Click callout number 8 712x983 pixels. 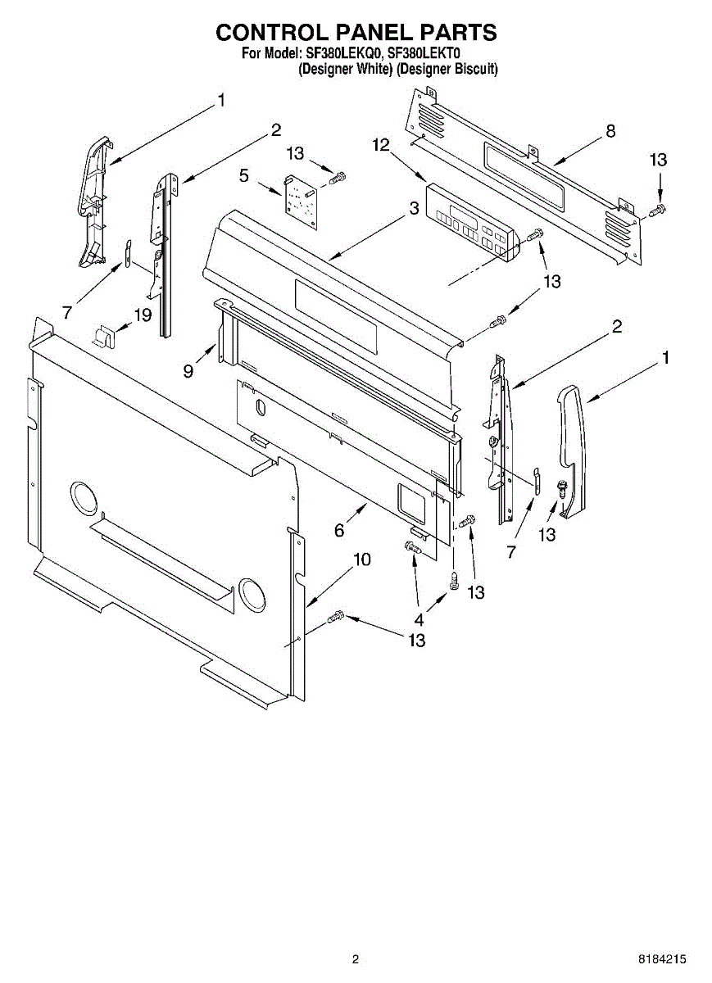610,131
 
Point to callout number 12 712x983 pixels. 380,145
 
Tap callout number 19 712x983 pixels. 143,314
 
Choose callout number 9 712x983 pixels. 188,371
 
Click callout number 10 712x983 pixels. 361,560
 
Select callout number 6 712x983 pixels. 338,531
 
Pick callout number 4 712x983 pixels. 420,619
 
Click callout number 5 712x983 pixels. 245,175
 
